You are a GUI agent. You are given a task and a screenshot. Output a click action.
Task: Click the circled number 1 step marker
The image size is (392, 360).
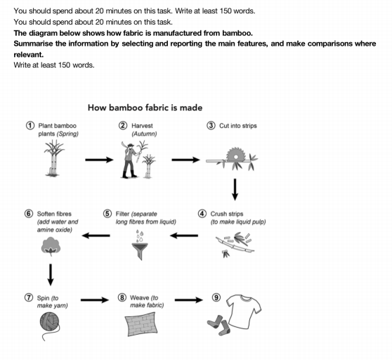pos(30,125)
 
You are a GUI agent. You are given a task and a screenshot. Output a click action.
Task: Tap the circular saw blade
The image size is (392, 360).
pos(235,155)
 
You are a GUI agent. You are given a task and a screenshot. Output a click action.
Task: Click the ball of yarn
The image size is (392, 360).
pos(49,322)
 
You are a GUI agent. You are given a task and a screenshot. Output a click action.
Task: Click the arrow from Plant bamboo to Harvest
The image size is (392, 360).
pos(99,160)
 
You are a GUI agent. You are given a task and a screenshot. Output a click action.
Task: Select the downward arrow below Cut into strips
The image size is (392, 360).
pos(235,189)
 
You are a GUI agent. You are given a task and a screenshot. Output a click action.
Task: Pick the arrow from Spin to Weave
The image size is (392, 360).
pos(95,300)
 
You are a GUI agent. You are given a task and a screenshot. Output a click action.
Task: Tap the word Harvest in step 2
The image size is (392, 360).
pos(142,126)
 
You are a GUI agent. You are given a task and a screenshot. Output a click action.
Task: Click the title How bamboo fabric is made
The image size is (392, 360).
pos(145,108)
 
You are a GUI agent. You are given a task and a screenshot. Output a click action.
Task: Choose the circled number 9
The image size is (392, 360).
pos(216,297)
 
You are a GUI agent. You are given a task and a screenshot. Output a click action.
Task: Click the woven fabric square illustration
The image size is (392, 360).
pos(141,324)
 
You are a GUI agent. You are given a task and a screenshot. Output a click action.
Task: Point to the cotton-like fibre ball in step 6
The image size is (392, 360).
pos(51,246)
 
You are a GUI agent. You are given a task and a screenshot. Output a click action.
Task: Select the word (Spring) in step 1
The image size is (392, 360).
pos(67,134)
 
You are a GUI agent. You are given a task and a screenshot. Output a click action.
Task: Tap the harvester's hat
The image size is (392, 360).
pos(130,145)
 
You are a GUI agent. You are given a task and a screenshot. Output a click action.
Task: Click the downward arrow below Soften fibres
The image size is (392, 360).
pos(51,275)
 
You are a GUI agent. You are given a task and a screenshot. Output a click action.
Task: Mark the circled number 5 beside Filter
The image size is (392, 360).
pos(107,214)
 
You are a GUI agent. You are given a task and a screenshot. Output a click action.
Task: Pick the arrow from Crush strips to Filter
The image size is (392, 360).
pos(184,236)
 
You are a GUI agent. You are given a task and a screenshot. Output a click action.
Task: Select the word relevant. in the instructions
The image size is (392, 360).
pos(29,55)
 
